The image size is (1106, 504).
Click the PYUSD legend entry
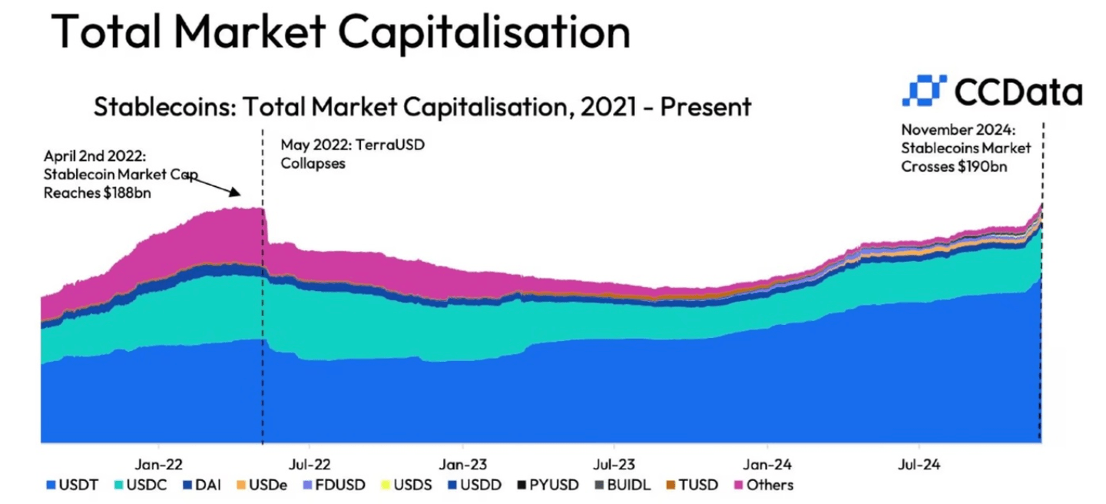click(545, 485)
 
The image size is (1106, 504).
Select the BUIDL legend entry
click(619, 485)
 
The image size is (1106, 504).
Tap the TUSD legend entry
click(690, 485)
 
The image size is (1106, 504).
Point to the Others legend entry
click(763, 485)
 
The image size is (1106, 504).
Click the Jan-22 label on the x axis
click(158, 464)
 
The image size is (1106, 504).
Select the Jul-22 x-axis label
click(309, 464)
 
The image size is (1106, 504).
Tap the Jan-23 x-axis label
click(462, 464)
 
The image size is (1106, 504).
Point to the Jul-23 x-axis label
click(614, 464)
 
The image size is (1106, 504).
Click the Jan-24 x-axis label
click(767, 464)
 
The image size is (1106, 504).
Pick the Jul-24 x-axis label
click(919, 464)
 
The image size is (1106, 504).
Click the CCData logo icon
click(925, 91)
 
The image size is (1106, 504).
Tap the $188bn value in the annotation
click(125, 193)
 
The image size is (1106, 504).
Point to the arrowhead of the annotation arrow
click(240, 195)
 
